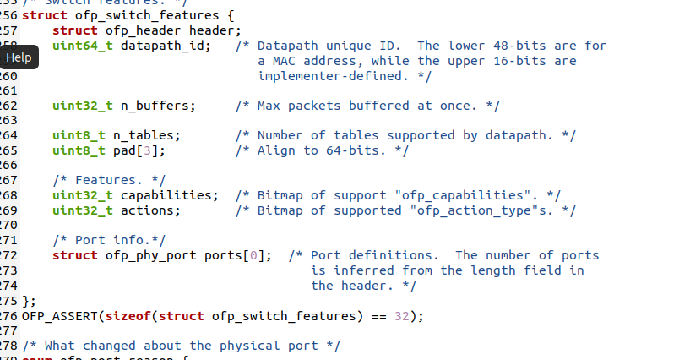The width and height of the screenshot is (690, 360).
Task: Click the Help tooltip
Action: [19, 58]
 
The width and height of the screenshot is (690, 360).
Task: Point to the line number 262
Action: [9, 106]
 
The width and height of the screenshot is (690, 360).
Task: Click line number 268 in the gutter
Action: [9, 194]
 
